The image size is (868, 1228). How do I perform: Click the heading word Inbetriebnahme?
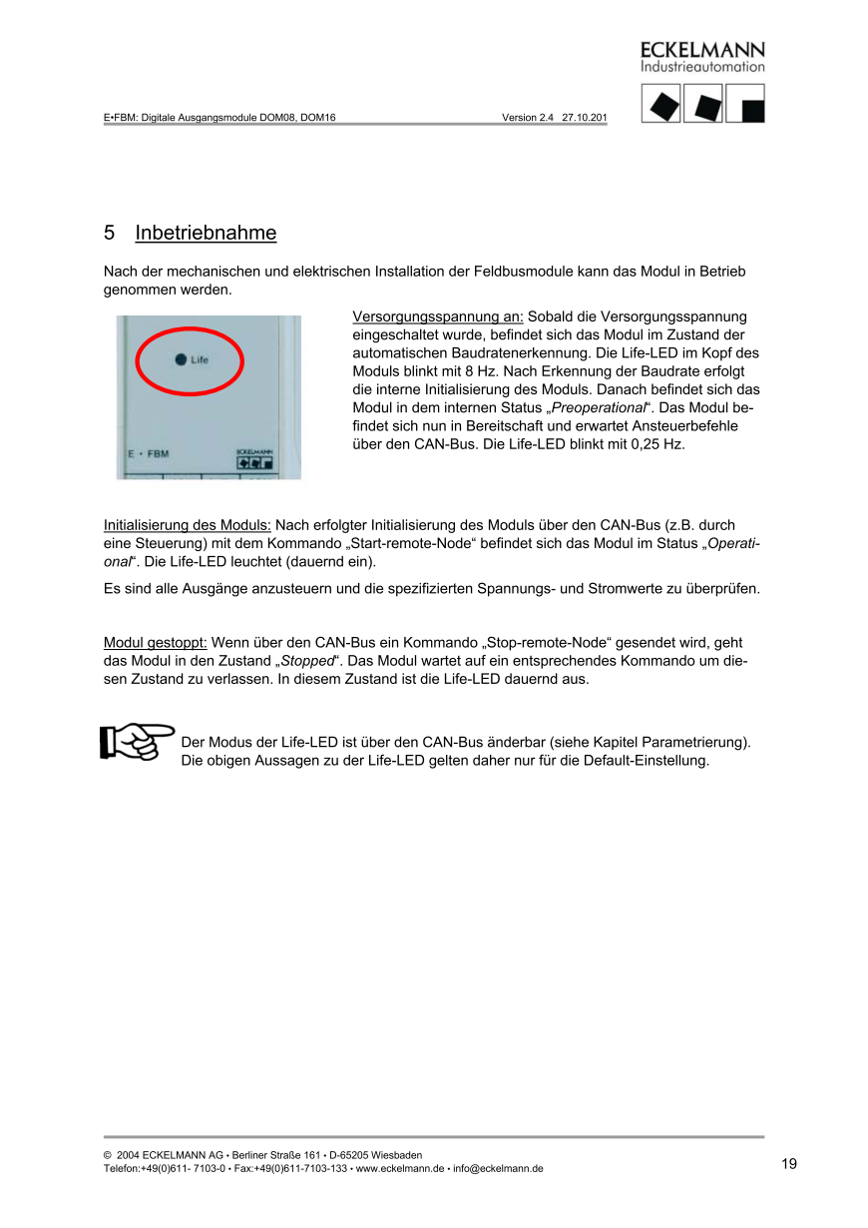[x=206, y=234]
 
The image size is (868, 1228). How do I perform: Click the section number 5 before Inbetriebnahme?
[x=109, y=234]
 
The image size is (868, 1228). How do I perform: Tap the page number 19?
[x=789, y=1164]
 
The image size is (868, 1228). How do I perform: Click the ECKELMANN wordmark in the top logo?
[x=702, y=50]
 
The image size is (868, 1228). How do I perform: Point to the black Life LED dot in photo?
[x=181, y=359]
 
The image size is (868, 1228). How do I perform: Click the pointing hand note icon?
[x=137, y=741]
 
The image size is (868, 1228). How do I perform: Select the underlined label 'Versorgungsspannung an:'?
[x=438, y=316]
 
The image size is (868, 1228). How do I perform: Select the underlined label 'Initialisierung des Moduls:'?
[x=188, y=524]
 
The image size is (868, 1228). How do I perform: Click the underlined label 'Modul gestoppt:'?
[x=156, y=643]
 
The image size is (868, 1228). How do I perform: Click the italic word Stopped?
[x=307, y=661]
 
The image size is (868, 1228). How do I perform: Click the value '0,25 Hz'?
[x=657, y=443]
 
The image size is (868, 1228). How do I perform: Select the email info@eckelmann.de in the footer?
[x=498, y=1169]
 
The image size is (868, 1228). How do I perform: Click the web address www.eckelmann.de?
[x=401, y=1169]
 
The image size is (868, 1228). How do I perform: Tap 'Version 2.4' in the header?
[x=528, y=117]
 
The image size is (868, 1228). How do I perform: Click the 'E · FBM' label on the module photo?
[x=149, y=454]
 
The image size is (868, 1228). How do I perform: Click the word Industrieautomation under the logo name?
[x=702, y=67]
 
